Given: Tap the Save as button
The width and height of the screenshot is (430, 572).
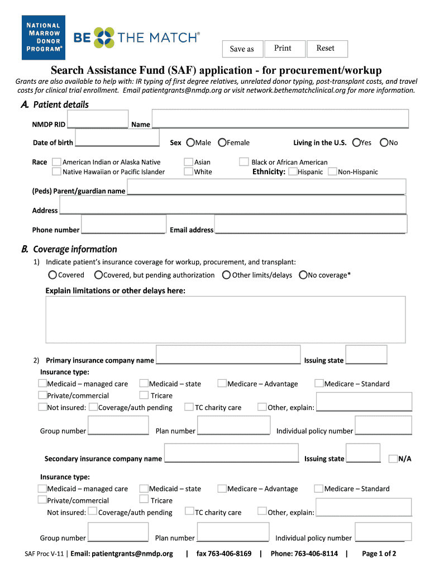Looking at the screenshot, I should tap(242, 49).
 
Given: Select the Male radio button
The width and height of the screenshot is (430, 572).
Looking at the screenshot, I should tap(190, 142).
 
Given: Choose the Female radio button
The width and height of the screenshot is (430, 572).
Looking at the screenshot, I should tap(222, 142).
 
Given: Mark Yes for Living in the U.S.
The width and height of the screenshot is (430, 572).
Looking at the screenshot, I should tap(356, 142).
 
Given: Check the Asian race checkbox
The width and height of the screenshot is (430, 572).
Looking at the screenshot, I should tap(189, 162).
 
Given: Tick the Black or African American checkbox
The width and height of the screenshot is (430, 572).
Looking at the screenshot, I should tap(244, 162).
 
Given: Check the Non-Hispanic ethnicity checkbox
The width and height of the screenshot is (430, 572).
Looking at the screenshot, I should tap(333, 171).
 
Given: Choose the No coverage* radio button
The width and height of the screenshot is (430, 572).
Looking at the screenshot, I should tap(303, 275).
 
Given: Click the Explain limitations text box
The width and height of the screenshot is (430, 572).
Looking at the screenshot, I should tap(225, 319).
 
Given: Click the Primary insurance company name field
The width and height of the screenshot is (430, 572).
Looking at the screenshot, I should tap(228, 354).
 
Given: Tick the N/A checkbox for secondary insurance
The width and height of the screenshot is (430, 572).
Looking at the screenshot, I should tap(393, 459).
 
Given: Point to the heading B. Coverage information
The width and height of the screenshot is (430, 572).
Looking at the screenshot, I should tap(75, 249).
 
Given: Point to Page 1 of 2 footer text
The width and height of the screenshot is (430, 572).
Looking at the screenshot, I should tap(379, 554).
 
